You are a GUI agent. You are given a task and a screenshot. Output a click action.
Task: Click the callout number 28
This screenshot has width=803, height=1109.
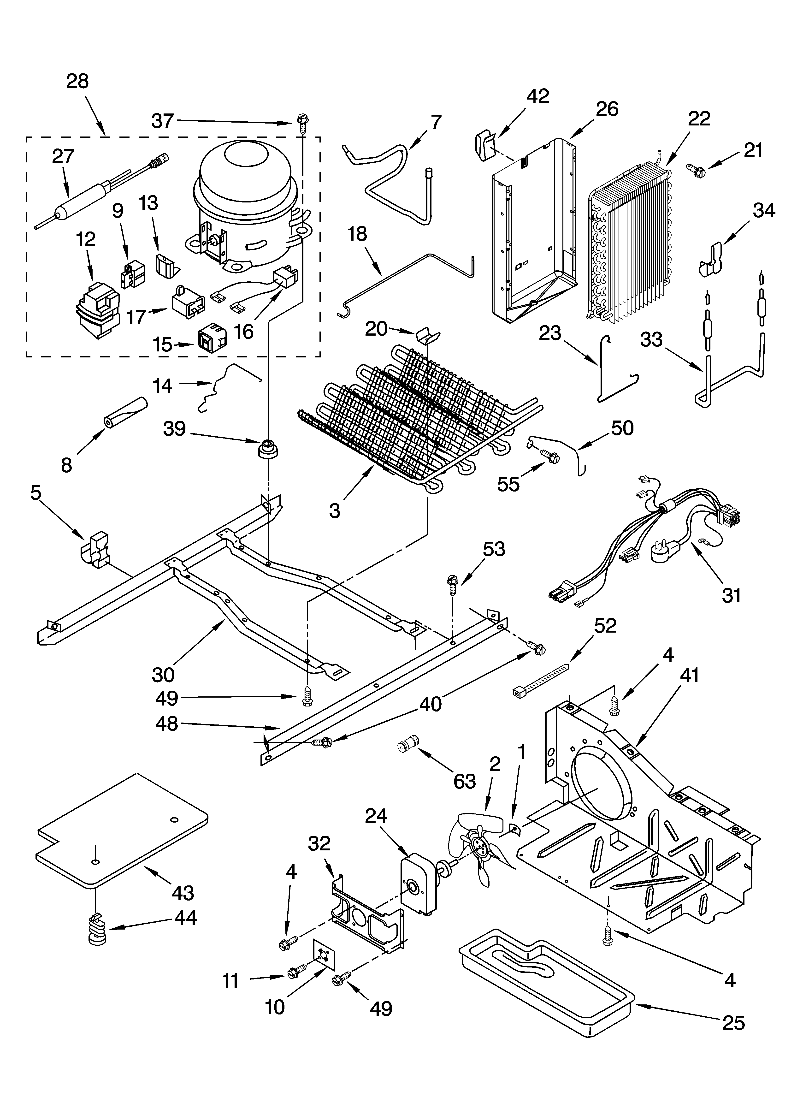click(x=77, y=81)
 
